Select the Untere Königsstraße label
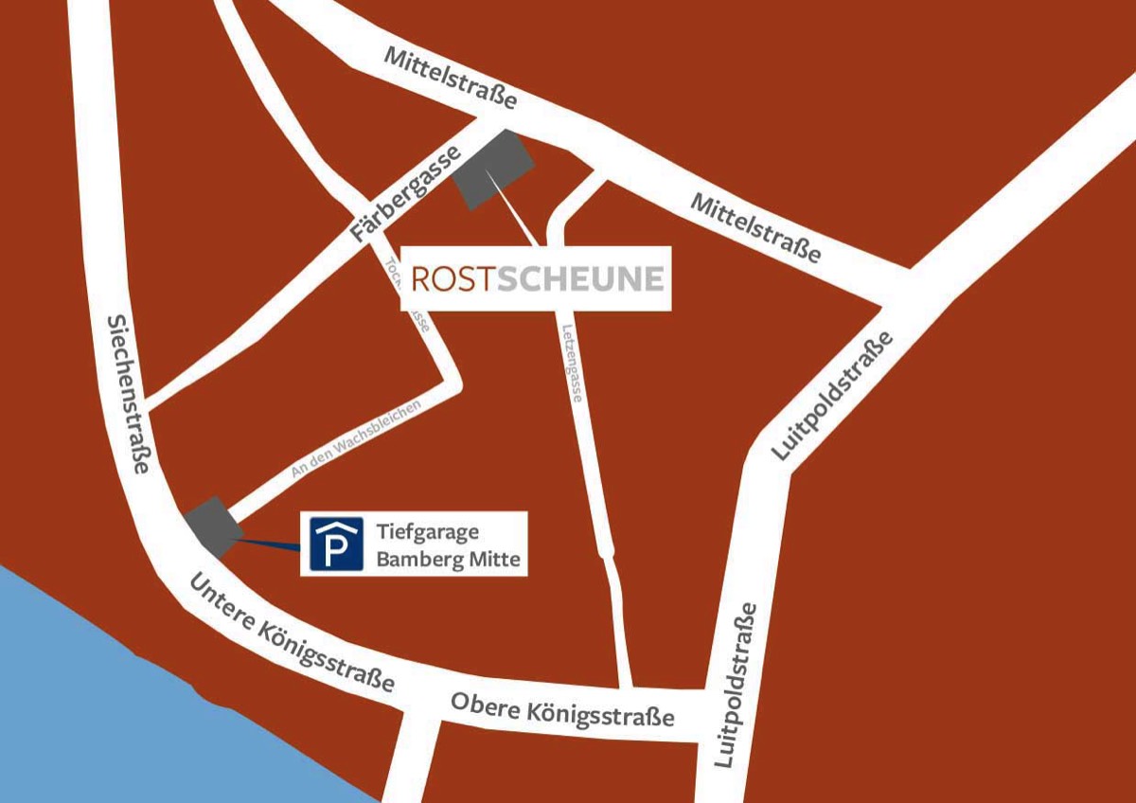[x=292, y=633]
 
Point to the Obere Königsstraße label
[x=562, y=709]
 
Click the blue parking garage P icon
[x=336, y=544]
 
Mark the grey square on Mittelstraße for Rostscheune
[x=493, y=169]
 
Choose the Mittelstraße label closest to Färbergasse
[x=450, y=78]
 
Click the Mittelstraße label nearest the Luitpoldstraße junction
[x=754, y=228]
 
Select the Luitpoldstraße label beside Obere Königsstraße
[x=737, y=684]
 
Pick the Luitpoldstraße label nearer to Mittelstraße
[x=832, y=396]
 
